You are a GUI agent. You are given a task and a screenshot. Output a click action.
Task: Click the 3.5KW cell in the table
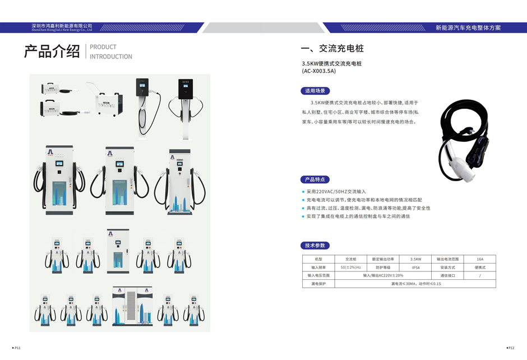coord(415,259)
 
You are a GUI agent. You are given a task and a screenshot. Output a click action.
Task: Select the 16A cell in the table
coord(480,259)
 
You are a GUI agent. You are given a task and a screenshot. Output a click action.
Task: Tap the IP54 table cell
coord(415,267)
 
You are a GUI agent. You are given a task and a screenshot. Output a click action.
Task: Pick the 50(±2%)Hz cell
coord(351,267)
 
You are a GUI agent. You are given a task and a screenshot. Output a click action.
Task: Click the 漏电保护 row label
coord(318,284)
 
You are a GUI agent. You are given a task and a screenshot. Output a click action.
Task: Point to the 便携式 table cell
coord(480,267)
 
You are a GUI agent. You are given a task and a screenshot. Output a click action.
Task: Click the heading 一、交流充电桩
coord(332,48)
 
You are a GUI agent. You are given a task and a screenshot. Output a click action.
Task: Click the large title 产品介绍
coord(52,52)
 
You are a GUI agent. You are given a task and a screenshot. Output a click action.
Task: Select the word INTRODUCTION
coord(111,57)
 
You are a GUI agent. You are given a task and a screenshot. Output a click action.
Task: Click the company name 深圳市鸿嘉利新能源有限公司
coord(62,25)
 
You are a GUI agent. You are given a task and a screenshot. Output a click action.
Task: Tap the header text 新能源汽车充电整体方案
coord(468,27)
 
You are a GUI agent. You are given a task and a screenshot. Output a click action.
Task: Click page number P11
coord(17,348)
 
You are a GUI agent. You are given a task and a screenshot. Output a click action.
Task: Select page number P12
coord(511,348)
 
